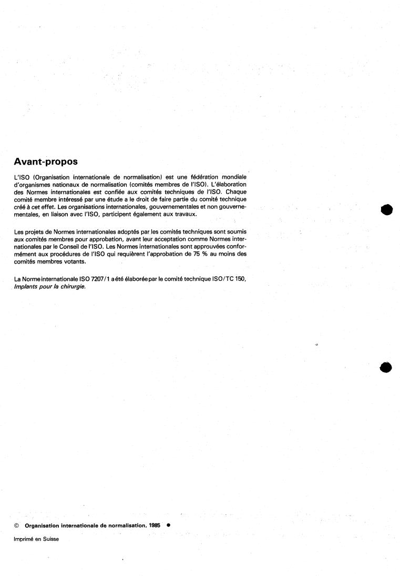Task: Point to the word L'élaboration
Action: pyautogui.click(x=231, y=184)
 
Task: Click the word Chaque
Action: pyautogui.click(x=235, y=191)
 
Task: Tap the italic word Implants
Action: pyautogui.click(x=27, y=286)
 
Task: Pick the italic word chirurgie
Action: pyautogui.click(x=73, y=286)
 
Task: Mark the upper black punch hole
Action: pyautogui.click(x=386, y=209)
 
